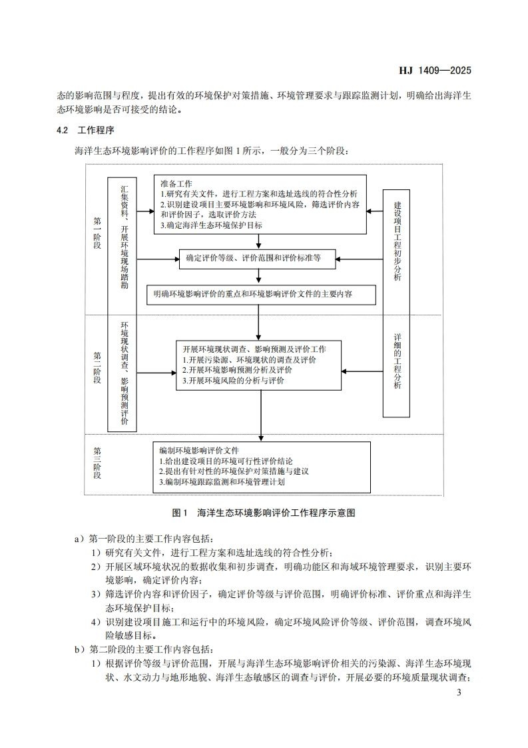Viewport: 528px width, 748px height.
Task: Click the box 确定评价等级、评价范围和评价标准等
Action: (x=258, y=258)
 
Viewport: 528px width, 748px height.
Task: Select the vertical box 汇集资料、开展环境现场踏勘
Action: (x=123, y=237)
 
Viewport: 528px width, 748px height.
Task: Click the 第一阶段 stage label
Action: (x=97, y=233)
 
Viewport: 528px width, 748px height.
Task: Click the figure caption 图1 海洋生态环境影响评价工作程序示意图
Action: (x=264, y=513)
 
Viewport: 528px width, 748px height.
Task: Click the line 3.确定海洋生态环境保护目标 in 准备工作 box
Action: (x=212, y=225)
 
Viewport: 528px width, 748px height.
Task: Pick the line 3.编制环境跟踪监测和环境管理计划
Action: (x=222, y=481)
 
